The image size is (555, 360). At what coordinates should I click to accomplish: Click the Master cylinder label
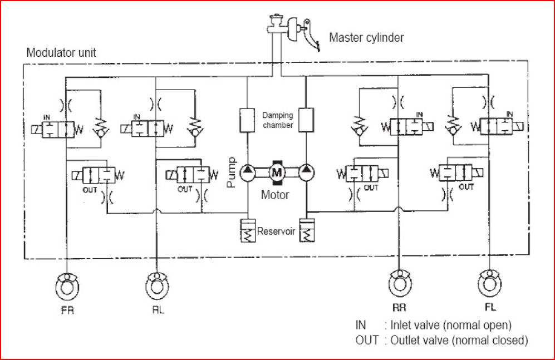[x=366, y=38]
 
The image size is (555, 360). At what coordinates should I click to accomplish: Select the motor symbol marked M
[x=277, y=172]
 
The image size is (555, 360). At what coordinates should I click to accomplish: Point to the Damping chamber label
[x=277, y=120]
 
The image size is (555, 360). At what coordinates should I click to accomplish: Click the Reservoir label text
[x=276, y=231]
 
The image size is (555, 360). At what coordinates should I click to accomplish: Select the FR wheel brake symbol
[x=66, y=285]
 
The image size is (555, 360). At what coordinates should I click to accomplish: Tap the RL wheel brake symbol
[x=156, y=285]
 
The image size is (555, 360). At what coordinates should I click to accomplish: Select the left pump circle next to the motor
[x=247, y=172]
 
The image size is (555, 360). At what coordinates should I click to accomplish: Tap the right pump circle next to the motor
[x=307, y=172]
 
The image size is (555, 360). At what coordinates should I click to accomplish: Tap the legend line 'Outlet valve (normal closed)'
[x=441, y=339]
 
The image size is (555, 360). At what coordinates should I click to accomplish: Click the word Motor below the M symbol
[x=276, y=195]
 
